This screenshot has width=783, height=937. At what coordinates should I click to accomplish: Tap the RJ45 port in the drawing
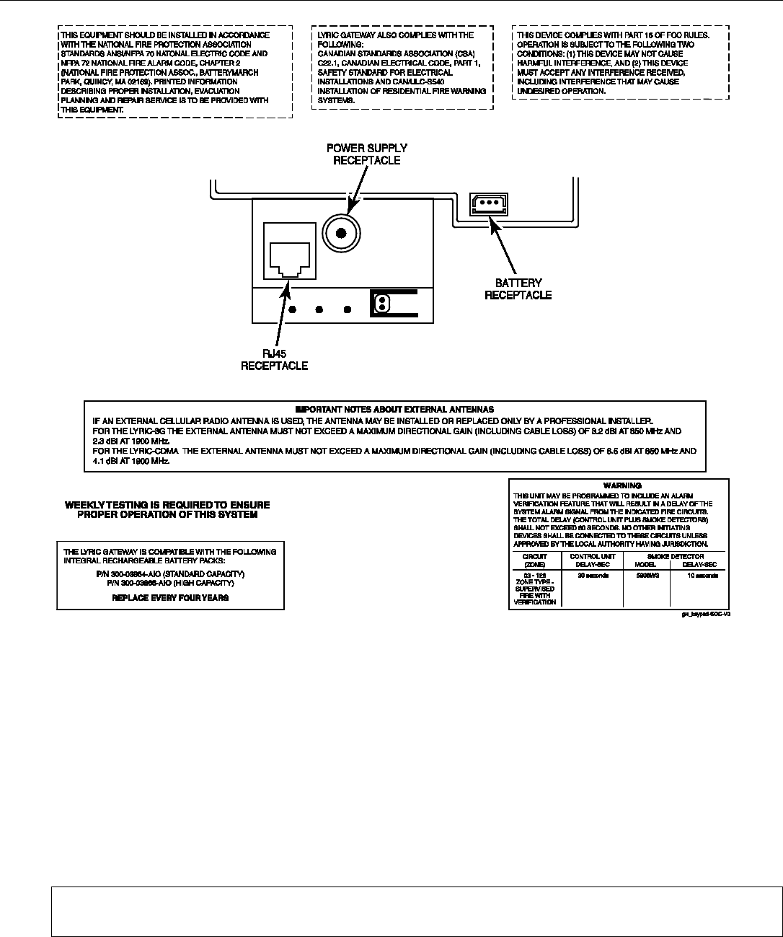tap(289, 252)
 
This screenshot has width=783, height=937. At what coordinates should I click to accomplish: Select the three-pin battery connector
tap(489, 204)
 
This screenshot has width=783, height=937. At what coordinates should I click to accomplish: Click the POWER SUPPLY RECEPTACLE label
tap(366, 154)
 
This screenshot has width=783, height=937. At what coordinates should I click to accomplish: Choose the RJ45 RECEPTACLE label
tap(274, 360)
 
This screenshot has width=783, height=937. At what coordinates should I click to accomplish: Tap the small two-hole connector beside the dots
tap(380, 304)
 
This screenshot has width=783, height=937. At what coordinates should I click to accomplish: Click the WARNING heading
tap(621, 485)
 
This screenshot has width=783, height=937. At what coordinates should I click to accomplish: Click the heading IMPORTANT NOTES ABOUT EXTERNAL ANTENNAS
tap(394, 409)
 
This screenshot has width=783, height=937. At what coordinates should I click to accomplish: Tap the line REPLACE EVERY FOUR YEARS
tap(171, 598)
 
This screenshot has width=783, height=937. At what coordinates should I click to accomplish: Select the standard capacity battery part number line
tap(170, 573)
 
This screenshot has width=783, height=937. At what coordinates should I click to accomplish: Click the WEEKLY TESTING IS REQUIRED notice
tap(168, 510)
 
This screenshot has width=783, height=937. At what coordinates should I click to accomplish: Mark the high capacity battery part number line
tap(170, 582)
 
